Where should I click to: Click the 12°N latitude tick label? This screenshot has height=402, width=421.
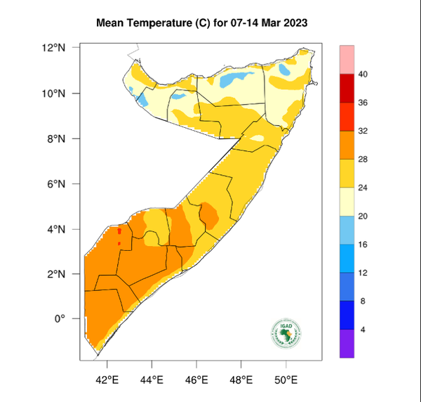pyautogui.click(x=53, y=48)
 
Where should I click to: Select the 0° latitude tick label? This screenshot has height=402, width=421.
pyautogui.click(x=59, y=318)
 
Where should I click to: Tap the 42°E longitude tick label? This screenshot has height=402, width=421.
pyautogui.click(x=107, y=380)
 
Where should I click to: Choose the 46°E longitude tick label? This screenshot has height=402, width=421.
pyautogui.click(x=196, y=380)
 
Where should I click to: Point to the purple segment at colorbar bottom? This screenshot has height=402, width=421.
pyautogui.click(x=347, y=344)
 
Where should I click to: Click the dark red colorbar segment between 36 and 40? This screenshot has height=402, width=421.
pyautogui.click(x=347, y=89)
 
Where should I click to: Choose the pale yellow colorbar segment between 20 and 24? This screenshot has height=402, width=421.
pyautogui.click(x=347, y=202)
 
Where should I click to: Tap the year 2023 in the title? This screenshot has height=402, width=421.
pyautogui.click(x=295, y=23)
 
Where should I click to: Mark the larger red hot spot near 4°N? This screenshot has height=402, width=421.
pyautogui.click(x=120, y=231)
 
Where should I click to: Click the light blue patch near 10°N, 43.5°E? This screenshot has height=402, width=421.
pyautogui.click(x=142, y=100)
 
